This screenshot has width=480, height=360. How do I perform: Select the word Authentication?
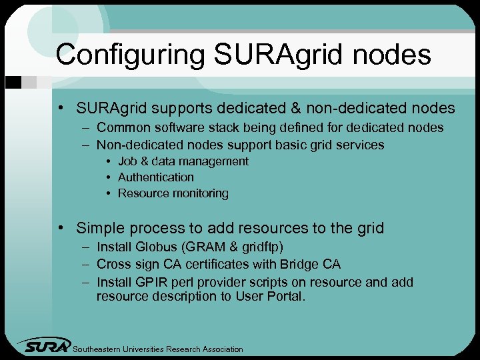tap(156, 177)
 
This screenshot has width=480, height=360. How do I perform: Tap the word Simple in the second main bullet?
tap(100, 228)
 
